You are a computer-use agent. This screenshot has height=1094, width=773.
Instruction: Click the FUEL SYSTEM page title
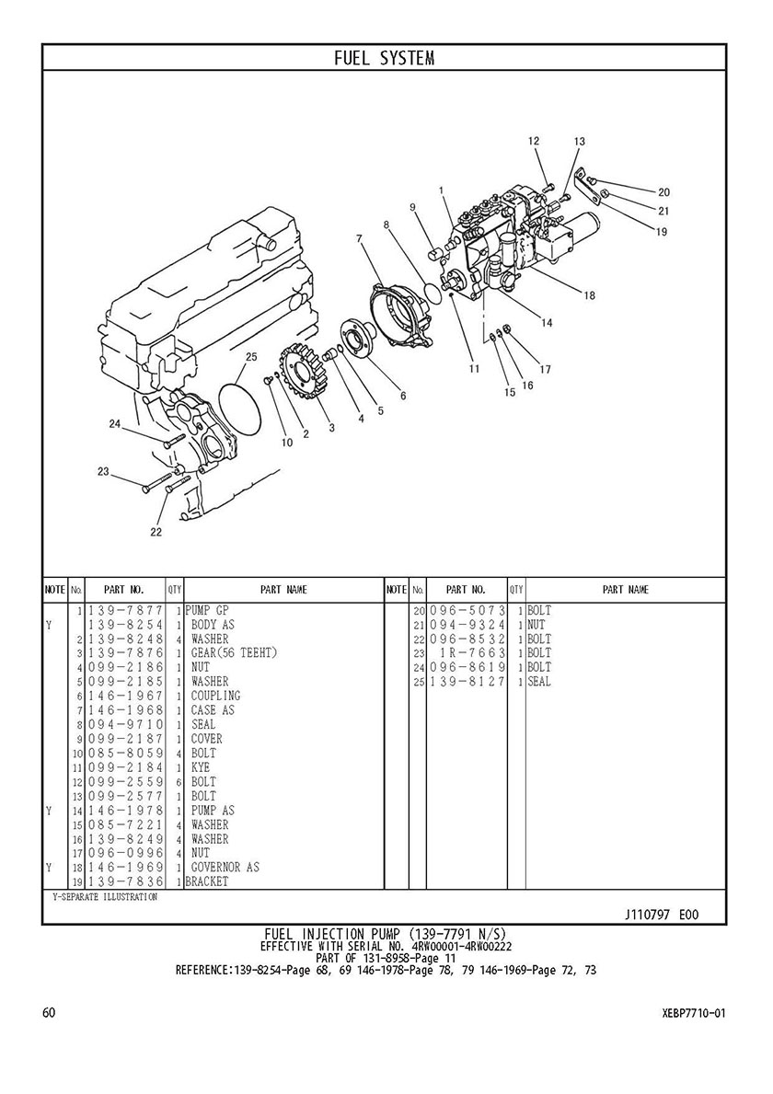pos(385,58)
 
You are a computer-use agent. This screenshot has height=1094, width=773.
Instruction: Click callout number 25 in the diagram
pos(251,356)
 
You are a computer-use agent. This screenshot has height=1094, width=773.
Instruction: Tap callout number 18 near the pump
pos(590,295)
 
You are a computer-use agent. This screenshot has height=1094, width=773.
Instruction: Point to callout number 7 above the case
pos(359,238)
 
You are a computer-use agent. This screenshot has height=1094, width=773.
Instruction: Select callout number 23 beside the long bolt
pos(103,472)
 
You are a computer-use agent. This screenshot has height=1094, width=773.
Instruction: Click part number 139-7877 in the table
pos(125,611)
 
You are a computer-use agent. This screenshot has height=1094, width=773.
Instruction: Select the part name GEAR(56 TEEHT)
pos(235,653)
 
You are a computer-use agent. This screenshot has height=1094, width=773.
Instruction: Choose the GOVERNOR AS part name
pos(225,868)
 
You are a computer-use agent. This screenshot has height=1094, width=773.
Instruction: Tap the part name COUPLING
pos(216,696)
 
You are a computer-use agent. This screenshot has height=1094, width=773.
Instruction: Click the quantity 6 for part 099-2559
pos(179,782)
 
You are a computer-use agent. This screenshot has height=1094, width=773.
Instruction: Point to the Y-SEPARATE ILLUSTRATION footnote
pos(105,896)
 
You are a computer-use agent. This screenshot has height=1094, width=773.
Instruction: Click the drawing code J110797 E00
pos(662,915)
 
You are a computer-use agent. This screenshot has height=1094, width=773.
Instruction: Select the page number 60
pos(49,1012)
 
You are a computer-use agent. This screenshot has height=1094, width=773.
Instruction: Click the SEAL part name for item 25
pos(539,682)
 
